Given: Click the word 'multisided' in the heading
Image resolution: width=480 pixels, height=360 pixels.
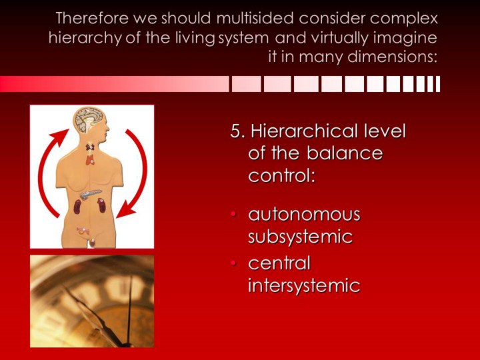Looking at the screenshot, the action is pos(255,19).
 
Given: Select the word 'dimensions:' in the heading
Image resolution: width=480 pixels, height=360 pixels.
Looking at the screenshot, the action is pos(393,57).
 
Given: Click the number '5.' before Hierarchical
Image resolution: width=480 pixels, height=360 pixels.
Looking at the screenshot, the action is pos(238,131).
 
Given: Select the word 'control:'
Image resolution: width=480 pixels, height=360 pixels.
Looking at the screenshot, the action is pos(281,175).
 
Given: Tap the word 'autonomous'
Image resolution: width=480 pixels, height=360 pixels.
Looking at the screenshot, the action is pos(304,214).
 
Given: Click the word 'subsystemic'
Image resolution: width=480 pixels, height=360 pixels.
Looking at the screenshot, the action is pos(300,237).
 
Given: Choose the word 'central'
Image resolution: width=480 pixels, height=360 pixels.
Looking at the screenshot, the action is pos(279,263).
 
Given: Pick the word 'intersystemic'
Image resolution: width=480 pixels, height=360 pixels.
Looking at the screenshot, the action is pos(304,285).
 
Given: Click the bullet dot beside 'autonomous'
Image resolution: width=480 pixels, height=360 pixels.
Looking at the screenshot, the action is pos(234,215).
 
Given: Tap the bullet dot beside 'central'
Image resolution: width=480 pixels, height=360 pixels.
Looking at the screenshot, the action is pos(234,263).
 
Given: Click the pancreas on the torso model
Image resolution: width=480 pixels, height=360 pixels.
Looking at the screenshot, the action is pos(90,194).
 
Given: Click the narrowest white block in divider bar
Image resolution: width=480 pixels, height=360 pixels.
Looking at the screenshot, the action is pos(438,84).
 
